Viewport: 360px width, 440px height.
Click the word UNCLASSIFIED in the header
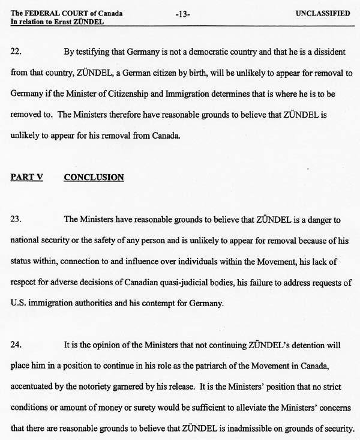click(x=323, y=13)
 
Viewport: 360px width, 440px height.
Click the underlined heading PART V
click(x=26, y=177)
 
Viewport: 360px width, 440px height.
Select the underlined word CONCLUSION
click(x=94, y=177)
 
